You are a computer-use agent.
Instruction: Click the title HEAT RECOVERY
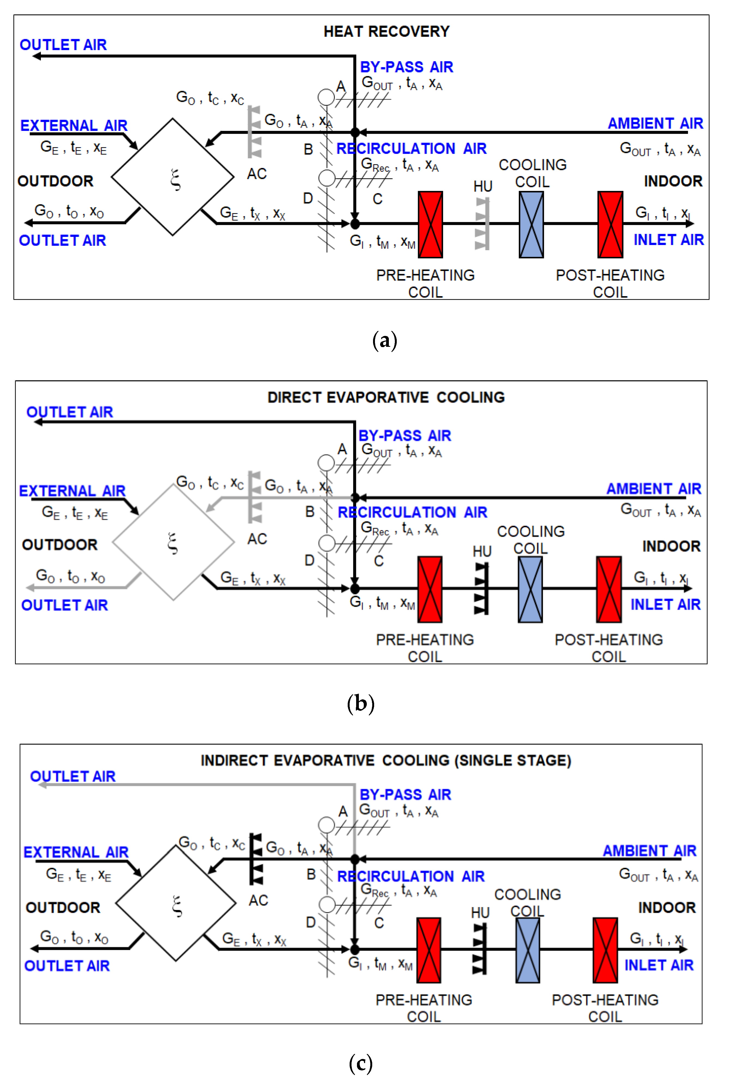386,32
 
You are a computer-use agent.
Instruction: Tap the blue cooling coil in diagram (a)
531,224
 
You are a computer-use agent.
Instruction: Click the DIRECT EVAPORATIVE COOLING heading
386,398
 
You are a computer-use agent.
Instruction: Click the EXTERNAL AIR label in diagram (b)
72,491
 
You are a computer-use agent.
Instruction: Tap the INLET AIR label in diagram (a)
668,240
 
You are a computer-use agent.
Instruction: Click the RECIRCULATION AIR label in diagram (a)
411,149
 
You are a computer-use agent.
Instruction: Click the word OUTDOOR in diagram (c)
63,907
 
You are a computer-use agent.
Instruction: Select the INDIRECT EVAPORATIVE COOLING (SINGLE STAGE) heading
386,761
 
